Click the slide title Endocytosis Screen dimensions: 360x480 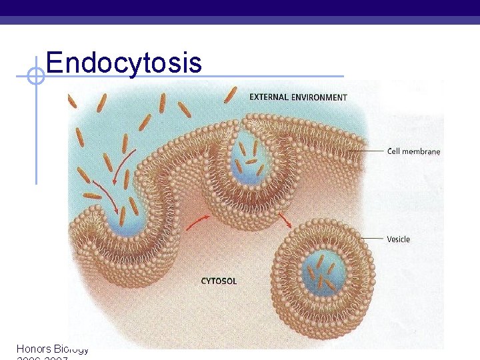pos(123,62)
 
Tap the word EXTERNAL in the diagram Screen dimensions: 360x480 pos(269,97)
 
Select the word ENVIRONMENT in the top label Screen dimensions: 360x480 pos(319,97)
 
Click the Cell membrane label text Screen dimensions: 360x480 pos(413,151)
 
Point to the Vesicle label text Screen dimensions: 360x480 pos(398,239)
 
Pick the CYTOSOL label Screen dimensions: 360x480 pos(219,281)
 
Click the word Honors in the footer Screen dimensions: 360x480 pos(34,349)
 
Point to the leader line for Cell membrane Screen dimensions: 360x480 pos(367,151)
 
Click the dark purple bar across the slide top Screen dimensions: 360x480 pos(240,8)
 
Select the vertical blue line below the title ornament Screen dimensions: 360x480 pos(36,133)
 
